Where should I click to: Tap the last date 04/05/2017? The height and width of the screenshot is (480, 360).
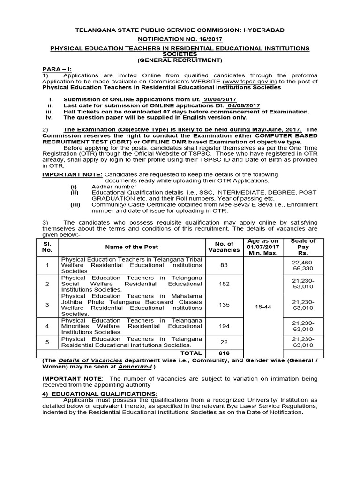243,105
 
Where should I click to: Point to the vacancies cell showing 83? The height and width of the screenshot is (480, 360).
224,265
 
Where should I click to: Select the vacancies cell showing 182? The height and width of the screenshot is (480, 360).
224,284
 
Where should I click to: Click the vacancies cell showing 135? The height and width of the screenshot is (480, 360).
224,305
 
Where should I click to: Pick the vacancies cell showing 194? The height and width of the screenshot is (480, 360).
224,326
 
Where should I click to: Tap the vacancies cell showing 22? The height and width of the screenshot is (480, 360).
224,342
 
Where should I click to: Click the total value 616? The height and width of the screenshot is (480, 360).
224,353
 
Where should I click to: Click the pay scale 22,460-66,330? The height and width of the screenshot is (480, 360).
303,265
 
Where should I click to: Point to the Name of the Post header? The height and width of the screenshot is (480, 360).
131,247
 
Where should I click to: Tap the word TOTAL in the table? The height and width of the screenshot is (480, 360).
192,353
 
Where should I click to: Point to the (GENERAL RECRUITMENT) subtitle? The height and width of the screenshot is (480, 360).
180,60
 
